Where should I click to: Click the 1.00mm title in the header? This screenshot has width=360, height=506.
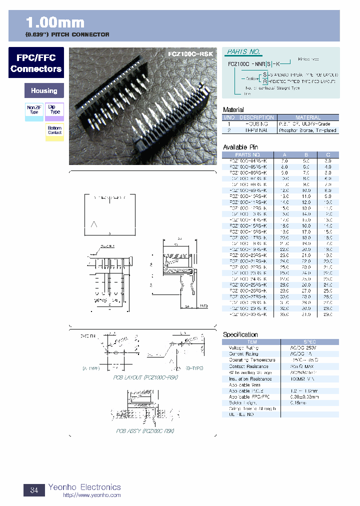click(55, 22)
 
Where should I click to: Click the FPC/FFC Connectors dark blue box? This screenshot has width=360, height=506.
click(36, 63)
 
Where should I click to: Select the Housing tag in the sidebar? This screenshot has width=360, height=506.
click(44, 90)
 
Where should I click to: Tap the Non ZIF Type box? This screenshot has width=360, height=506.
click(34, 109)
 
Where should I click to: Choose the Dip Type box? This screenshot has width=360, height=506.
click(54, 109)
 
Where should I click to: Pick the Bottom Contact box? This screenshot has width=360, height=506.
click(54, 130)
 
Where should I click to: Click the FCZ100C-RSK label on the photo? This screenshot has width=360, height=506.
click(190, 53)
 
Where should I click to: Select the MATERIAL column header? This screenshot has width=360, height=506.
click(308, 117)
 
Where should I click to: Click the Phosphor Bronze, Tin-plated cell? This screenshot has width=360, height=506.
click(308, 130)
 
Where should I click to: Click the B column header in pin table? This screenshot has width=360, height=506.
click(306, 154)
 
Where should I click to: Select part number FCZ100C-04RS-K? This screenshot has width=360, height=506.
click(248, 160)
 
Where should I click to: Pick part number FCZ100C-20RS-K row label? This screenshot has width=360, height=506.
click(248, 254)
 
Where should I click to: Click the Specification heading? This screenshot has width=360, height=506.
click(240, 334)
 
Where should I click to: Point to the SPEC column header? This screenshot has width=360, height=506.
click(309, 342)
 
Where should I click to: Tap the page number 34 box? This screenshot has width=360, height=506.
click(34, 490)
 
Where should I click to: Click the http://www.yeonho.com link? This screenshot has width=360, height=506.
click(91, 495)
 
